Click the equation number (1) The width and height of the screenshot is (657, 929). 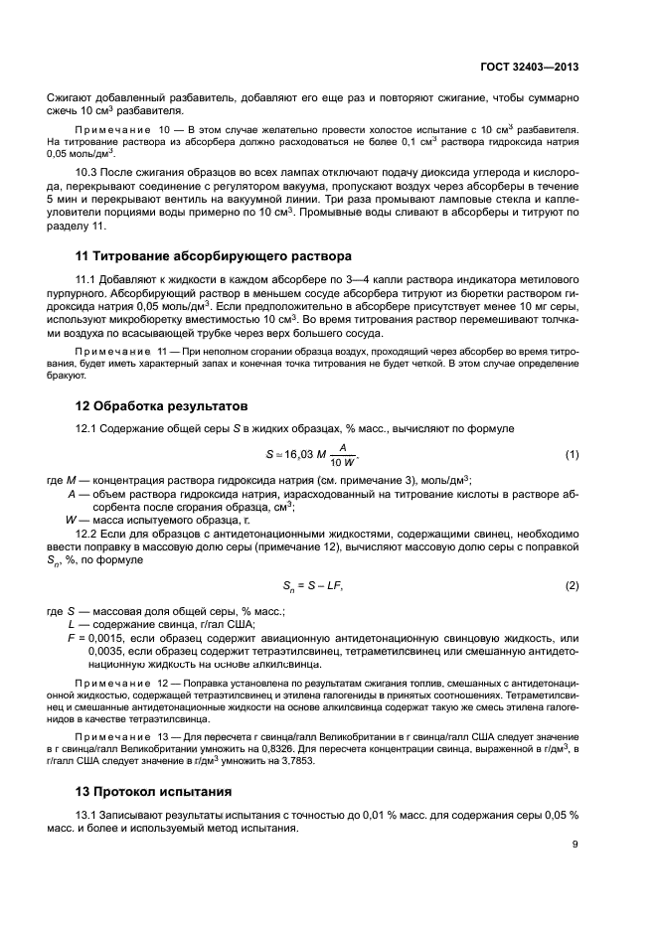[572, 455]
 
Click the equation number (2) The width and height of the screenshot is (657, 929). [572, 585]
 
